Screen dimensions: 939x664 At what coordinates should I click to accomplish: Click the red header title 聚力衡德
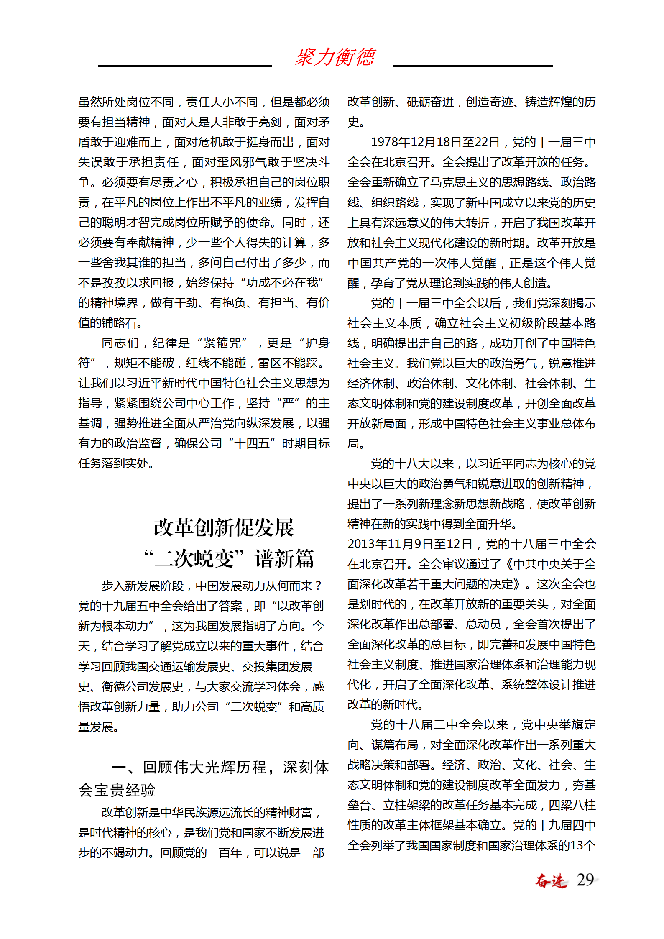click(335, 57)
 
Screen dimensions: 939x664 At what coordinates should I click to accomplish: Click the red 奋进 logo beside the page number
click(551, 880)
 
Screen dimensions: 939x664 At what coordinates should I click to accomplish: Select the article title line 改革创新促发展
click(224, 527)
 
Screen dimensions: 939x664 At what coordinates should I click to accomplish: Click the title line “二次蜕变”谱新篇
click(229, 558)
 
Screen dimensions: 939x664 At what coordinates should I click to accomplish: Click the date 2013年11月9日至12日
click(410, 544)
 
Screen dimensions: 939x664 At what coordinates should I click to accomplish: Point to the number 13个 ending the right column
click(582, 845)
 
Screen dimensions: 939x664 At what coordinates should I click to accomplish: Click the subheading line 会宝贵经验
click(117, 790)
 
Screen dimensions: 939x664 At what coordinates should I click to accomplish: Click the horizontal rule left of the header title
click(185, 66)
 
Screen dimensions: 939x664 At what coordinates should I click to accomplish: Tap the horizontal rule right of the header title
click(473, 66)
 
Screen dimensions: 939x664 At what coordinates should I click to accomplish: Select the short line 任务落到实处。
click(117, 463)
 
